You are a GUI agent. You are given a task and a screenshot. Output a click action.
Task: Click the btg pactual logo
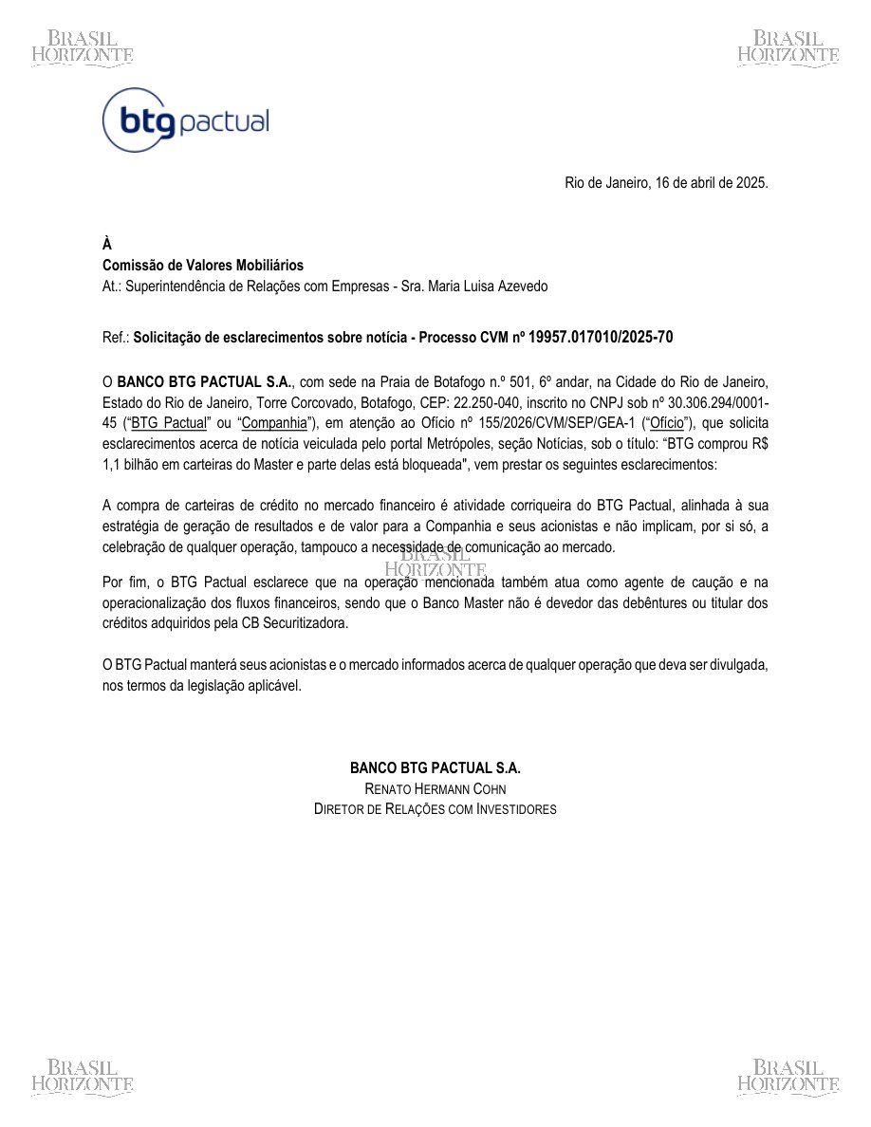[x=186, y=120]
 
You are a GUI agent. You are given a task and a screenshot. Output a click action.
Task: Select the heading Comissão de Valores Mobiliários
[x=203, y=266]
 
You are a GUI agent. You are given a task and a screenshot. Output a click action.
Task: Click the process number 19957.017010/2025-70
[x=602, y=337]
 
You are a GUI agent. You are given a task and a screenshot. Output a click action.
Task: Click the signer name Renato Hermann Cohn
[x=435, y=788]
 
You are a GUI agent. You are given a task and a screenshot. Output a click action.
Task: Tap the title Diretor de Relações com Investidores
[x=435, y=809]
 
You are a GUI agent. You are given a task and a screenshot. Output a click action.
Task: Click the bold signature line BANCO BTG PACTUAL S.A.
[x=435, y=767]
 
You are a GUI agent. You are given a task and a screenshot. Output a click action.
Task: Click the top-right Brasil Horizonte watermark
[x=788, y=46]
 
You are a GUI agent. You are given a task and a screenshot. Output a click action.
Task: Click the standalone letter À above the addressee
[x=107, y=245]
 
